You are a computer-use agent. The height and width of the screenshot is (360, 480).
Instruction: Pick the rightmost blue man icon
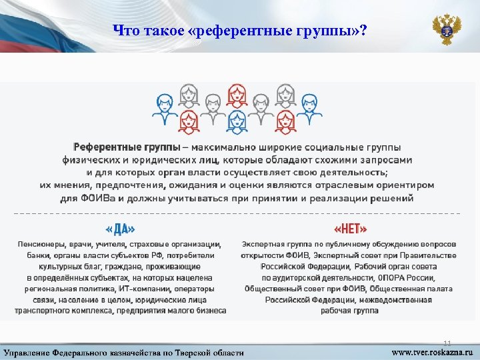pyautogui.click(x=309, y=107)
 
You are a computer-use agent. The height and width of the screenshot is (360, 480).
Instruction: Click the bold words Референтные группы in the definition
pyautogui.click(x=126, y=147)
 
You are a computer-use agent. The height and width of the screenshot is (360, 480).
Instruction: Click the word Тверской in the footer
pyautogui.click(x=192, y=352)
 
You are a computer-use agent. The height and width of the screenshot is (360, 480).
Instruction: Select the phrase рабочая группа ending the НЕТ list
pyautogui.click(x=350, y=311)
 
